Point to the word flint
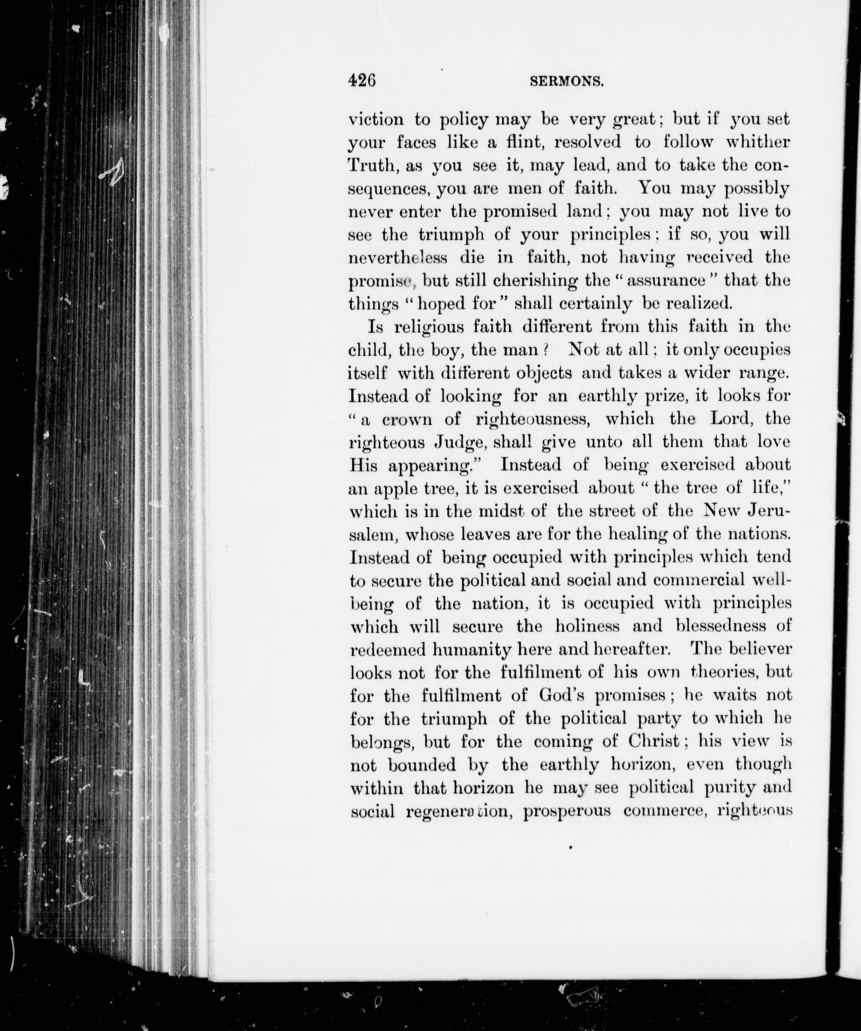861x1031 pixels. coord(515,142)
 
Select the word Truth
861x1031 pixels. coord(370,165)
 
